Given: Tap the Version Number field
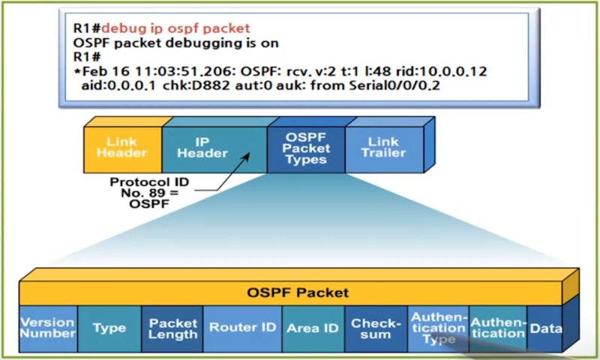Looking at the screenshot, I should coord(47,328).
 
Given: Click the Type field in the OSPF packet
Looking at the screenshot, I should coord(109,328).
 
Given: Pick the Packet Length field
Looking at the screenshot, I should coord(172,328).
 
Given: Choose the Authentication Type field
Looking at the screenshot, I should coord(438,328).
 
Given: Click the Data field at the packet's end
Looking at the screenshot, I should coord(546,328).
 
